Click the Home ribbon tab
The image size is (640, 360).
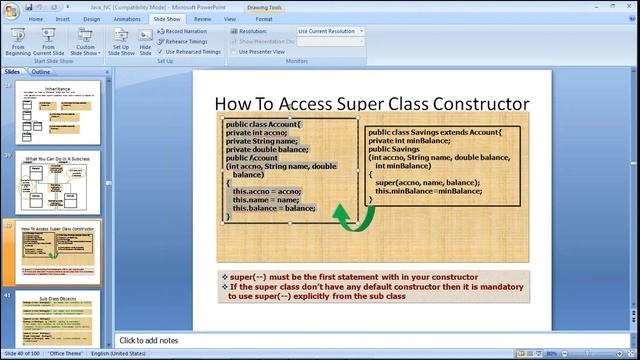pyautogui.click(x=36, y=18)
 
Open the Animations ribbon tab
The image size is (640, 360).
pyautogui.click(x=127, y=18)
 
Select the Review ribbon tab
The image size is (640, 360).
pyautogui.click(x=202, y=18)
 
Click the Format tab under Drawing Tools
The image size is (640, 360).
pyautogui.click(x=264, y=18)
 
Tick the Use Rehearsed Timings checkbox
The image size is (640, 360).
pyautogui.click(x=160, y=51)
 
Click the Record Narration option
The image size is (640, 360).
pyautogui.click(x=186, y=31)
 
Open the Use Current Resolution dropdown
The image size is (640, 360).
pyautogui.click(x=330, y=31)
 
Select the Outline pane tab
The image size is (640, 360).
pyautogui.click(x=41, y=72)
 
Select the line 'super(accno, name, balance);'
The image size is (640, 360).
pyautogui.click(x=427, y=183)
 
